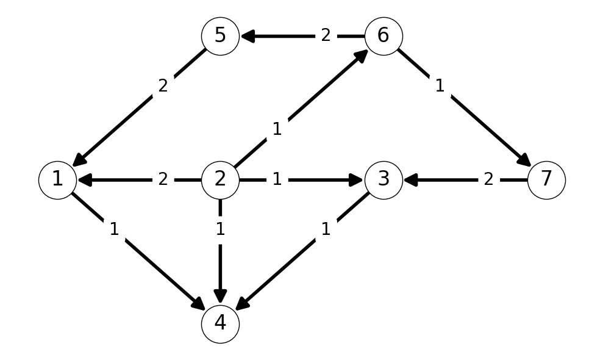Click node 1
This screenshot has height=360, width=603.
[x=57, y=180]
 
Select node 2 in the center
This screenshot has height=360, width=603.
[x=220, y=180]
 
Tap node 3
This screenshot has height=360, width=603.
[x=384, y=180]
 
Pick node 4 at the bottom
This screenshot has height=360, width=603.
[x=220, y=324]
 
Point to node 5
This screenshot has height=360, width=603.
[x=220, y=36]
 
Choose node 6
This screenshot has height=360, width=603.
[x=384, y=36]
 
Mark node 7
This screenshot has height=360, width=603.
[x=546, y=180]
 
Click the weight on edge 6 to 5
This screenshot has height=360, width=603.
[x=326, y=36]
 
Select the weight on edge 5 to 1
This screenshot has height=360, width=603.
[x=163, y=86]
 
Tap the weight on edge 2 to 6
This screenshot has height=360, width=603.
[x=277, y=129]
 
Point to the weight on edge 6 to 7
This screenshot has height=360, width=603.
[x=440, y=86]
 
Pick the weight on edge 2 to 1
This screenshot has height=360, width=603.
[x=163, y=180]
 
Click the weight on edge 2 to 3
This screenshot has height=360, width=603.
[x=277, y=180]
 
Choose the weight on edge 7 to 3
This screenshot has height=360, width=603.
[x=488, y=180]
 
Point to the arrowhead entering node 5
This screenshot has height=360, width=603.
[x=248, y=36]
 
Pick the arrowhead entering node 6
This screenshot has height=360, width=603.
[x=362, y=56]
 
